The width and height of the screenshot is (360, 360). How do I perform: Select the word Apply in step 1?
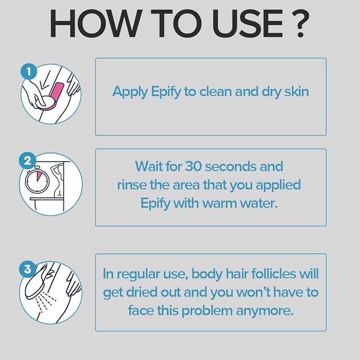(128, 92)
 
